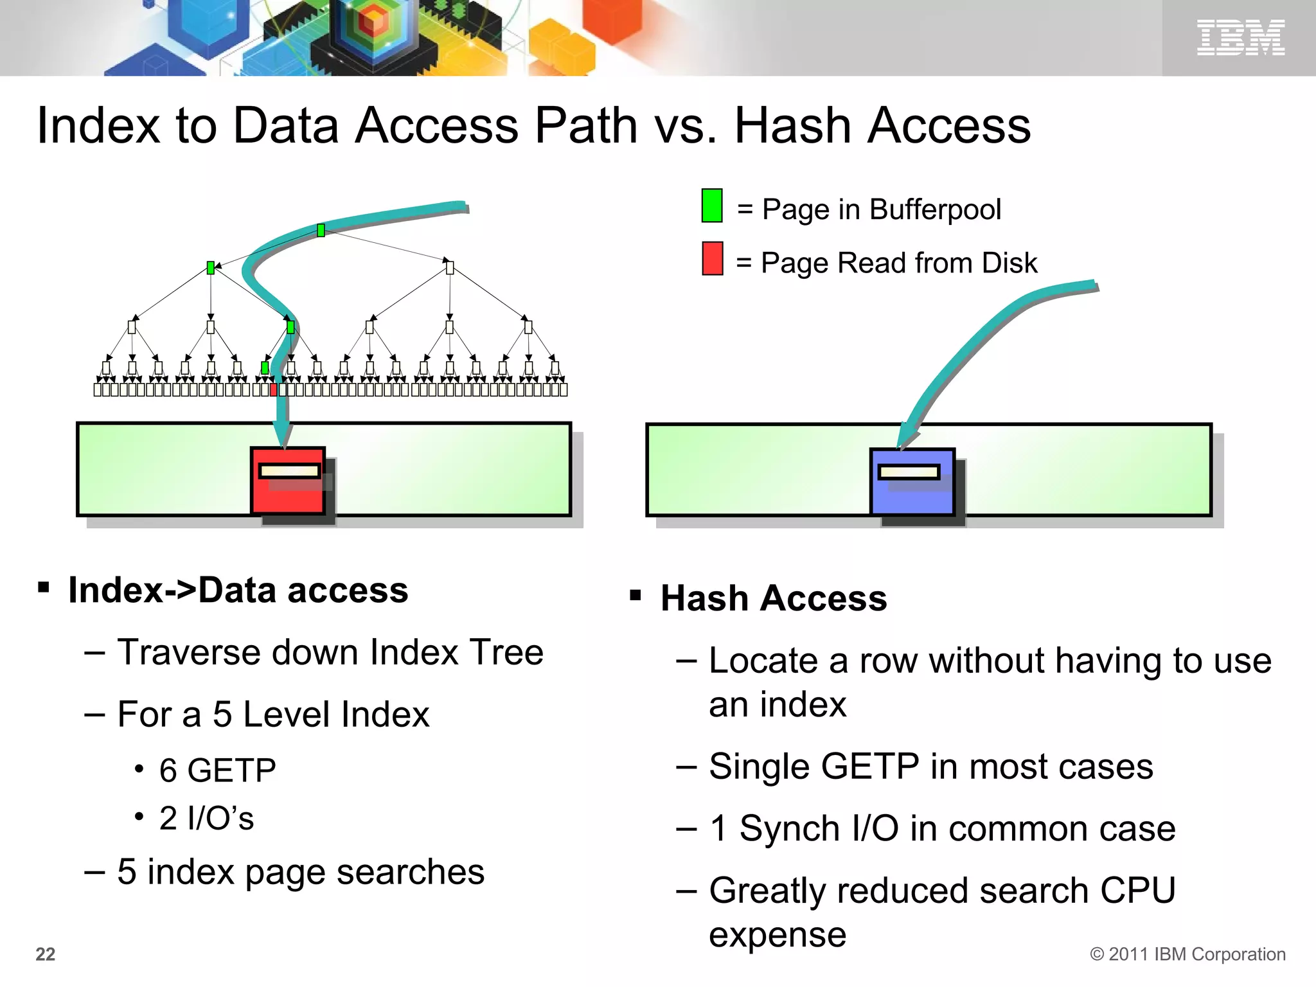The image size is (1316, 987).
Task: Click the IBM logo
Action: pos(1240,37)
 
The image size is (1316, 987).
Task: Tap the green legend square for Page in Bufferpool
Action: pos(712,206)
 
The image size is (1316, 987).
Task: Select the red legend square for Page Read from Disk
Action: pos(712,258)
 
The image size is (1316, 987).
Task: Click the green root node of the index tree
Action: pos(321,230)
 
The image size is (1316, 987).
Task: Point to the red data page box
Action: pos(288,481)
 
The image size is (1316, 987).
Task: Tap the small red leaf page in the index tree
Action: pos(274,389)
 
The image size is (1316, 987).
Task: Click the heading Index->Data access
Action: pos(238,590)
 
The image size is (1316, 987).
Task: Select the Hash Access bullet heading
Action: pos(773,598)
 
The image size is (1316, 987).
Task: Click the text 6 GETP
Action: pos(217,770)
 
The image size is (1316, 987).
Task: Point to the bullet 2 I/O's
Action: pos(206,818)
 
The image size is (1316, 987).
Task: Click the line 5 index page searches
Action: pos(300,872)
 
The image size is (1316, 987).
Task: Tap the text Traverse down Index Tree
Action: pos(330,652)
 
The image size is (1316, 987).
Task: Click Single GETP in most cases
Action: pos(930,766)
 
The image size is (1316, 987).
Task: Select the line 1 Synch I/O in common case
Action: pos(942,828)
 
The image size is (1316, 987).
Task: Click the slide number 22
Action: pos(45,954)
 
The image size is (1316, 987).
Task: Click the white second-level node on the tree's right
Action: pos(450,268)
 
